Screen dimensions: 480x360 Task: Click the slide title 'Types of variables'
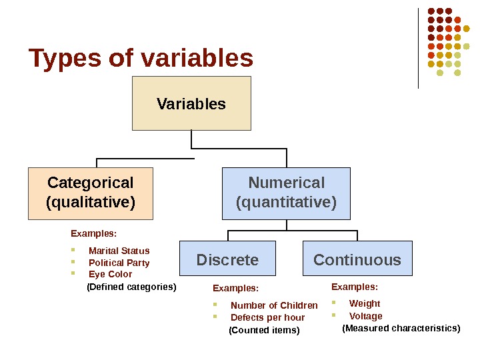pyautogui.click(x=141, y=59)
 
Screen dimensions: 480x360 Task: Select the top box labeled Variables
pyautogui.click(x=191, y=103)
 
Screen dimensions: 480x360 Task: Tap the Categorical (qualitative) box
pyautogui.click(x=91, y=193)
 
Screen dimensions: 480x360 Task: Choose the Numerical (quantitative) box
pyautogui.click(x=286, y=193)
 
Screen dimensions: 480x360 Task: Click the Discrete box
pyautogui.click(x=227, y=259)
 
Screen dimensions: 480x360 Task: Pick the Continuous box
pyautogui.click(x=357, y=259)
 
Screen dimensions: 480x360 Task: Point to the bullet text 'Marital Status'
pyautogui.click(x=119, y=251)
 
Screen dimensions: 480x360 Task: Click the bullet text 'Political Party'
pyautogui.click(x=119, y=263)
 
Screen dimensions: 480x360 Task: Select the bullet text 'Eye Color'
pyautogui.click(x=110, y=274)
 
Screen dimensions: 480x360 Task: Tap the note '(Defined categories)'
pyautogui.click(x=131, y=287)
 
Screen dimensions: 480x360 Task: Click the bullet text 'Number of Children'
pyautogui.click(x=274, y=305)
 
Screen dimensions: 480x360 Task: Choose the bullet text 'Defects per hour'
pyautogui.click(x=267, y=317)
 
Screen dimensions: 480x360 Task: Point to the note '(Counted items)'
pyautogui.click(x=264, y=330)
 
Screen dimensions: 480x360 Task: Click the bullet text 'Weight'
pyautogui.click(x=365, y=303)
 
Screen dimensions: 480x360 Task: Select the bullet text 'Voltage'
pyautogui.click(x=366, y=316)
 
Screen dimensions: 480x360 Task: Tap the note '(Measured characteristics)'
pyautogui.click(x=401, y=328)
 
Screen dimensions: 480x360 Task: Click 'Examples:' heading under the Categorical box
pyautogui.click(x=93, y=233)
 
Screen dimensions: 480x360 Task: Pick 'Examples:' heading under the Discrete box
pyautogui.click(x=235, y=288)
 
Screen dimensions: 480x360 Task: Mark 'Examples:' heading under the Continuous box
pyautogui.click(x=355, y=287)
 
